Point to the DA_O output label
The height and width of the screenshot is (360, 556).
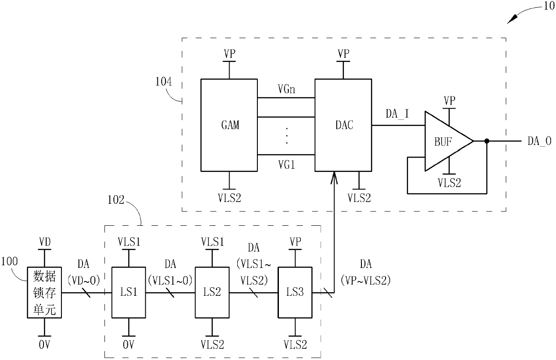(539, 141)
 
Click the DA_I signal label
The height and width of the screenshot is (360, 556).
(397, 114)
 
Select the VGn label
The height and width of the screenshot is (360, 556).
(287, 89)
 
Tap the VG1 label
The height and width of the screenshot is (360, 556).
(287, 165)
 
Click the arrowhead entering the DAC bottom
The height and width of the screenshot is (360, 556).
(334, 177)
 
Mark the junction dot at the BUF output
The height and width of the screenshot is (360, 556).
(487, 141)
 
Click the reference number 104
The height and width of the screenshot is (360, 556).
(163, 82)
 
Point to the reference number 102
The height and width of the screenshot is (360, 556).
(116, 200)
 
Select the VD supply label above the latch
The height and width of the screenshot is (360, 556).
(45, 242)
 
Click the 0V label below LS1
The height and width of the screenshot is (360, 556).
(128, 345)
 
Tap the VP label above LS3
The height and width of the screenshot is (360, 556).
(295, 241)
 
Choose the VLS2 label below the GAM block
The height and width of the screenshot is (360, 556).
(230, 198)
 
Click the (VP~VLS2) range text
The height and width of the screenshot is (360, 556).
(365, 281)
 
